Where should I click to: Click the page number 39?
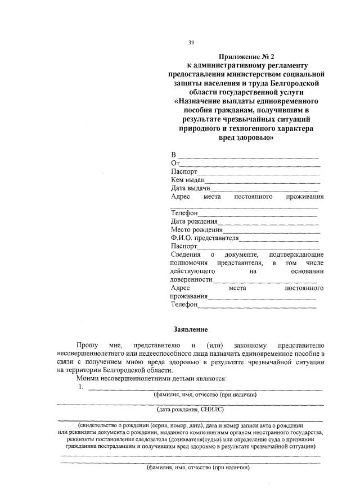(191, 43)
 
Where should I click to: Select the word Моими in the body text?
(91, 379)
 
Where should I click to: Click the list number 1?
(82, 387)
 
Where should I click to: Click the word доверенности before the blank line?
(191, 280)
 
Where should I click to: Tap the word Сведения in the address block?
(185, 255)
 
